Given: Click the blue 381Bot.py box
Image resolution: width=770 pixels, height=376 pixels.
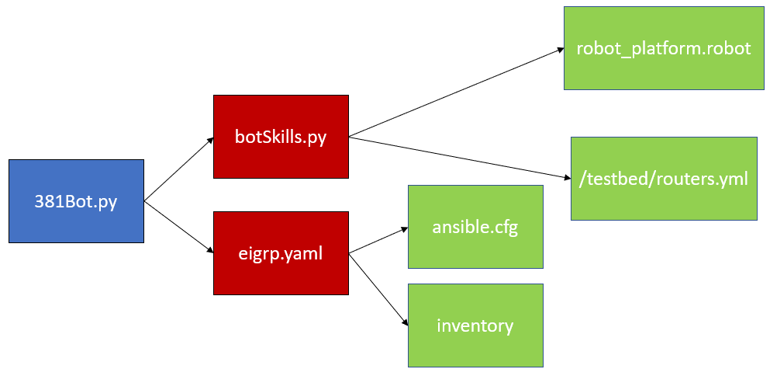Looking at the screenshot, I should [x=76, y=201].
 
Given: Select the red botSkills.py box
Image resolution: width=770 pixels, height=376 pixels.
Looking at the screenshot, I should [x=281, y=137].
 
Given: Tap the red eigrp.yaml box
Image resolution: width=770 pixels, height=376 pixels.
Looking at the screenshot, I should [x=281, y=253].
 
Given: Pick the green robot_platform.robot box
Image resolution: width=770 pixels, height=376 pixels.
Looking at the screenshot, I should [x=664, y=48].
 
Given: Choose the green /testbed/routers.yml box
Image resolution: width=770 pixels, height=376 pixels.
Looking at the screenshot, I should [x=664, y=179].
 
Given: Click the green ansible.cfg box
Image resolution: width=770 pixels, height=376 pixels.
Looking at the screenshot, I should [x=475, y=227].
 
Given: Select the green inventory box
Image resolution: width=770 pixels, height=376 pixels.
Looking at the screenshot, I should [x=475, y=325].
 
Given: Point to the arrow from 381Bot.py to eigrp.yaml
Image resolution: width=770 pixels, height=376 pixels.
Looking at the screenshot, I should [x=178, y=227].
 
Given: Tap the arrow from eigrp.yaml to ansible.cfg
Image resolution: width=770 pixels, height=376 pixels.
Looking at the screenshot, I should [x=378, y=241].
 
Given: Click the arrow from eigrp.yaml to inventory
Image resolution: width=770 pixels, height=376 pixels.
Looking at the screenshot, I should [x=378, y=287].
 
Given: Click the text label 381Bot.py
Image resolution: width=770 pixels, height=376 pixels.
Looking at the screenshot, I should [x=76, y=201].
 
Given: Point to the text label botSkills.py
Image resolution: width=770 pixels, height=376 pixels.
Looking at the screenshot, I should [x=281, y=138].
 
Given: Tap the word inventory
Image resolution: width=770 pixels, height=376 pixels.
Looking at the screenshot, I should [x=475, y=326].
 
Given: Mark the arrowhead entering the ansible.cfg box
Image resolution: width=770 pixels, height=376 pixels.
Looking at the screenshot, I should [x=404, y=230].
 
